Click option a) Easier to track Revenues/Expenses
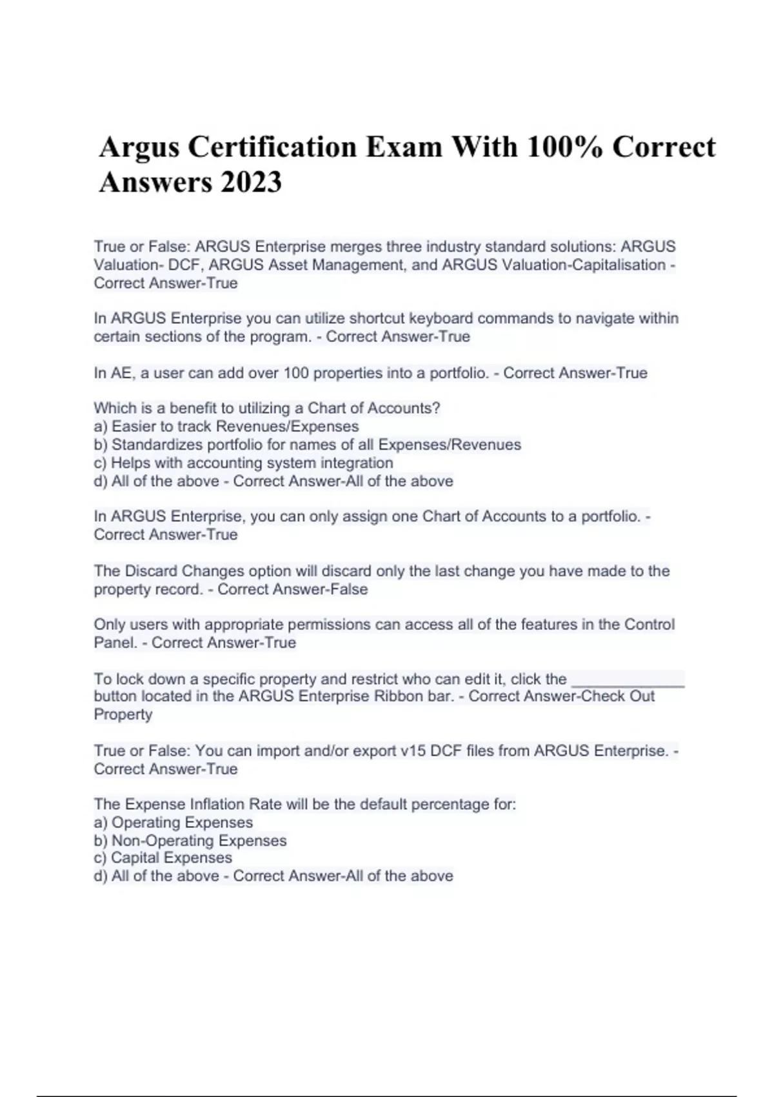(x=226, y=427)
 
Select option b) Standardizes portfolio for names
(x=307, y=445)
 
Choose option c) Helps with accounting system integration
(x=243, y=463)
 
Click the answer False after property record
(x=348, y=589)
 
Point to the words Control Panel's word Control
(x=649, y=625)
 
